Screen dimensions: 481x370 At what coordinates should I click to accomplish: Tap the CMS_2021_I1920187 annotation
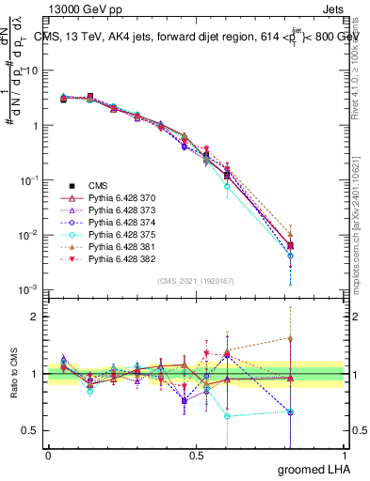195,281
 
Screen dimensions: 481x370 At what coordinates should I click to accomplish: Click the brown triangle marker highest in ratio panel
291,338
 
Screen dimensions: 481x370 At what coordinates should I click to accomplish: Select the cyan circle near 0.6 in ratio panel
227,415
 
